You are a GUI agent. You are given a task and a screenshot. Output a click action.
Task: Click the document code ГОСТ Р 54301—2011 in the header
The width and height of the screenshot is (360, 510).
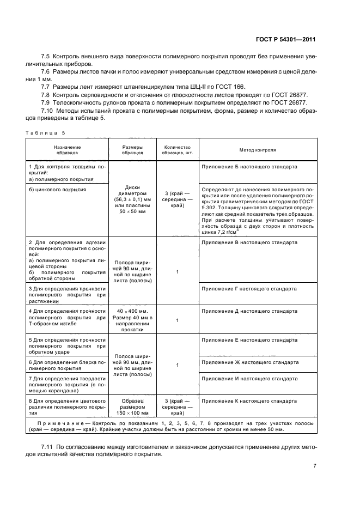(287, 39)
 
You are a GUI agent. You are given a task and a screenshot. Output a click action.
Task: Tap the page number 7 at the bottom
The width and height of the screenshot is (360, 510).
(315, 466)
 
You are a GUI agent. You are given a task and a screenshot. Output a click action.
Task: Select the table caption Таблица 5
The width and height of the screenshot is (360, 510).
(46, 132)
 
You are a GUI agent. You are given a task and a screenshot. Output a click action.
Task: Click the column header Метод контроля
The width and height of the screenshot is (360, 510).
(258, 149)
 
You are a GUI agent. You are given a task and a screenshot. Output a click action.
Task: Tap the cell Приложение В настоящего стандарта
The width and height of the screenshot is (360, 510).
(249, 242)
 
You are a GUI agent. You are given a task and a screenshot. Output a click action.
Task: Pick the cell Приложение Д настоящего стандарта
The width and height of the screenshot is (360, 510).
(249, 311)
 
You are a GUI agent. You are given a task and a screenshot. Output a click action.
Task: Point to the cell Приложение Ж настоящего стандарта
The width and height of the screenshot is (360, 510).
(250, 362)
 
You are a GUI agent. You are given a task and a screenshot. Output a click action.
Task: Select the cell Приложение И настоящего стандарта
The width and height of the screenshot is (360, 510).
(249, 378)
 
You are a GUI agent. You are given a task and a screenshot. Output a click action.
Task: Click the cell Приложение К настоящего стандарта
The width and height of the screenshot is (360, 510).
(249, 400)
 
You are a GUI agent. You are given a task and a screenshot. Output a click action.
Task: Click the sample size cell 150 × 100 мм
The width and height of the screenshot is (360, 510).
(133, 413)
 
